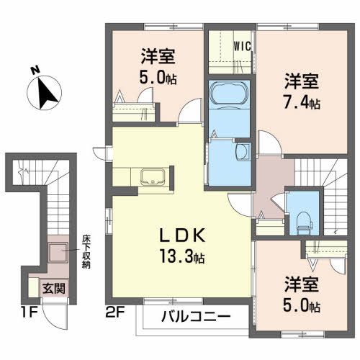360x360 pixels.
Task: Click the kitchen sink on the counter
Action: (153, 177)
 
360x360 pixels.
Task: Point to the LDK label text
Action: (179, 235)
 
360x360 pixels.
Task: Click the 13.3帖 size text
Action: (180, 257)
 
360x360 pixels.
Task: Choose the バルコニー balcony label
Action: (195, 318)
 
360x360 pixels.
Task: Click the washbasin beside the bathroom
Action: (240, 150)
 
